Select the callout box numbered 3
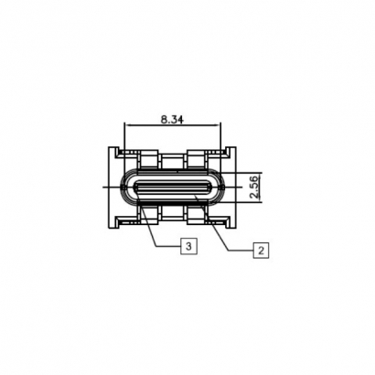click(x=187, y=246)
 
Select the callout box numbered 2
click(x=261, y=249)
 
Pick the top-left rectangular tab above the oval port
click(x=147, y=160)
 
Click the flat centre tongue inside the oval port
click(x=174, y=188)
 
